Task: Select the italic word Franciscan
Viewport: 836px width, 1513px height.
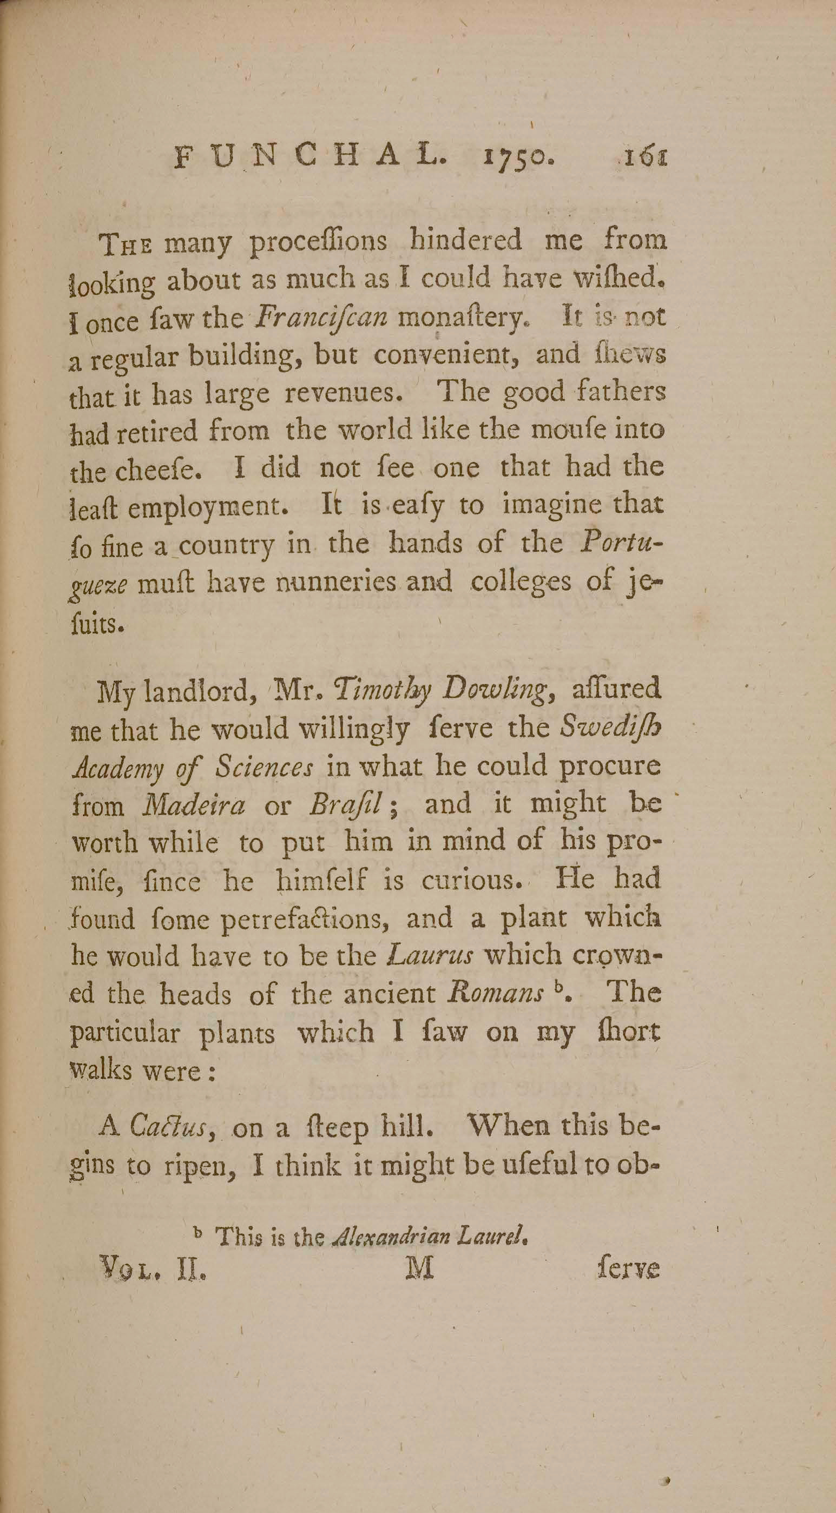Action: (321, 318)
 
